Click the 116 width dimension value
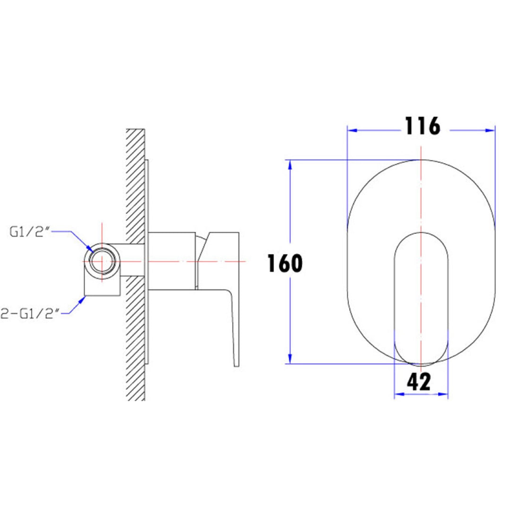(x=423, y=126)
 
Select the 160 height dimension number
(x=285, y=264)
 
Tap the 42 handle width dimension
(x=419, y=382)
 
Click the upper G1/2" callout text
(x=30, y=232)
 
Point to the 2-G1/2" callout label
(x=30, y=314)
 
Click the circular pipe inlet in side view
(x=102, y=261)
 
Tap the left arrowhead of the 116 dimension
(x=352, y=131)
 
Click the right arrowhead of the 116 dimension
(x=490, y=131)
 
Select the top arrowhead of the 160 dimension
(x=290, y=165)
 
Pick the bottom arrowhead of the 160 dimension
(x=290, y=359)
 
